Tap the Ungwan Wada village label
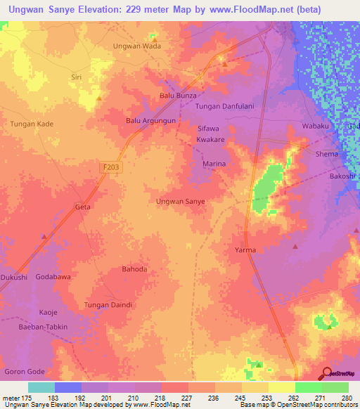tap(137, 46)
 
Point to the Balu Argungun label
tap(150, 121)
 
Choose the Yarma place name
tap(245, 250)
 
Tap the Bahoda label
tap(135, 269)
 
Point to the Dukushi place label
tap(13, 278)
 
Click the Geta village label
tap(83, 207)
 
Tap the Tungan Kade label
tap(31, 124)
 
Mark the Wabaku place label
tap(315, 126)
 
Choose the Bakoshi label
tap(345, 176)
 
